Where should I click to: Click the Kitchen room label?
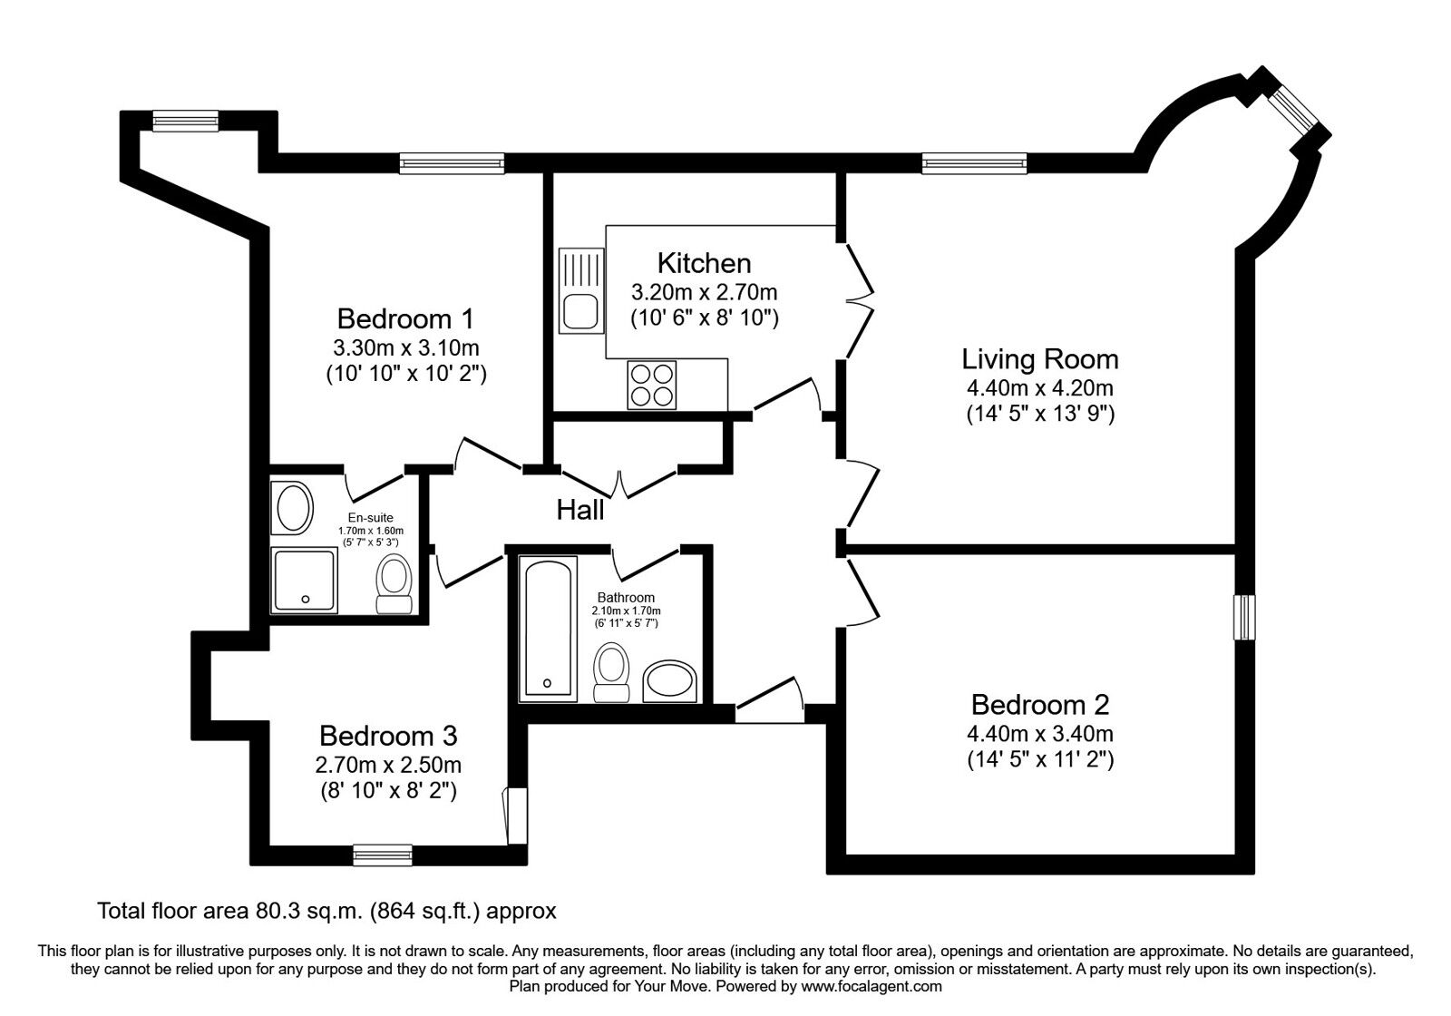704,263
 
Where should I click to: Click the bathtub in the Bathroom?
548,629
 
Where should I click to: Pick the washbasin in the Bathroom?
669,682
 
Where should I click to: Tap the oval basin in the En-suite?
293,508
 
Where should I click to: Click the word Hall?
580,510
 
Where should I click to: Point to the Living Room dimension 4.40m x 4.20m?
1040,388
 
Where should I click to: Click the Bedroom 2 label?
1040,704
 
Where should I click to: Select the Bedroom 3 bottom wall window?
382,854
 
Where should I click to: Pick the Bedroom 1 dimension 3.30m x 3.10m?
406,347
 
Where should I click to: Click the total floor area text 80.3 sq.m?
326,910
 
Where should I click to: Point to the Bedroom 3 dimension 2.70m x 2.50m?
388,765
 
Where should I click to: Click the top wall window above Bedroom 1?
452,163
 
